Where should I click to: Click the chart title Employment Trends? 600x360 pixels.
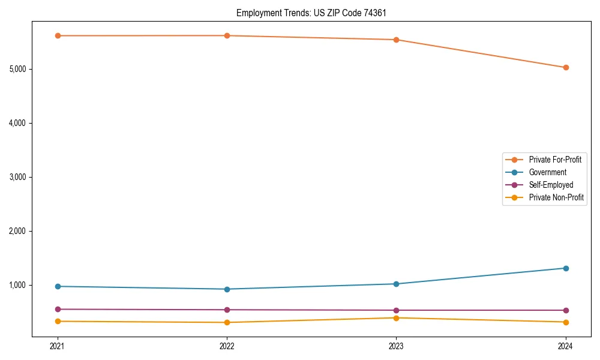[x=315, y=13]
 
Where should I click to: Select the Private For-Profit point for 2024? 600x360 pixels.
[x=566, y=68]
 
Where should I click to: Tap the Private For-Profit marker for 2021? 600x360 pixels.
[x=58, y=36]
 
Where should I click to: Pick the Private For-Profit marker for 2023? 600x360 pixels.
[x=397, y=40]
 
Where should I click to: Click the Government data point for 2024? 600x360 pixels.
[x=566, y=268]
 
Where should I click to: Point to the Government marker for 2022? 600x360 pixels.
[x=227, y=289]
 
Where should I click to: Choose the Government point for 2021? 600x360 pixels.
[x=58, y=286]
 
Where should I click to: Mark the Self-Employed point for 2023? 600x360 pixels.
[x=397, y=310]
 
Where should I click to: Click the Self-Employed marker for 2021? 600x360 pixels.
[x=58, y=310]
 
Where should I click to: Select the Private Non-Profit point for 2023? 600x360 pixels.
[x=397, y=318]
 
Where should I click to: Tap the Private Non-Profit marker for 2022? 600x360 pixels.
[x=227, y=323]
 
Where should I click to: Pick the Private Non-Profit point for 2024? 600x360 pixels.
[x=566, y=322]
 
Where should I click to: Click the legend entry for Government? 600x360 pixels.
[x=547, y=172]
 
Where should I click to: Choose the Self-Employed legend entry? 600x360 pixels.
[x=551, y=185]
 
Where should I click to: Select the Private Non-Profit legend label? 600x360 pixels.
[x=556, y=197]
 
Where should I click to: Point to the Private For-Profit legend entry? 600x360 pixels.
[x=555, y=160]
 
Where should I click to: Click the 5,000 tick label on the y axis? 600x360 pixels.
[x=17, y=69]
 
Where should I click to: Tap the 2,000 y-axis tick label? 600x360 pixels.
[x=17, y=231]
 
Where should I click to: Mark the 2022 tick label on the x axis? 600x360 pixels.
[x=227, y=346]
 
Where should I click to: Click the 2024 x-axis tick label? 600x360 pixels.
[x=566, y=346]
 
